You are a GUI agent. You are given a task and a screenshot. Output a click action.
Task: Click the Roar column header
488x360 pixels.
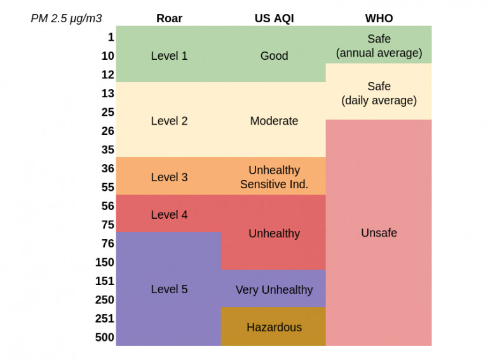pyautogui.click(x=169, y=18)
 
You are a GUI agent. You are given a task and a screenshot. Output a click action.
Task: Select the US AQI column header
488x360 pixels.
pyautogui.click(x=274, y=18)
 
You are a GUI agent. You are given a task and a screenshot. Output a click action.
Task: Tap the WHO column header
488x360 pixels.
pyautogui.click(x=379, y=18)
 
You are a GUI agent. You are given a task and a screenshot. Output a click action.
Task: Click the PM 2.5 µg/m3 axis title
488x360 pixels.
pyautogui.click(x=66, y=18)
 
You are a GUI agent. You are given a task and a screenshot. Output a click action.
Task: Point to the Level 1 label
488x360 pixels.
pyautogui.click(x=169, y=56)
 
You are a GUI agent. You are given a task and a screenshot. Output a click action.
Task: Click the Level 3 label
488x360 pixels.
pyautogui.click(x=169, y=177)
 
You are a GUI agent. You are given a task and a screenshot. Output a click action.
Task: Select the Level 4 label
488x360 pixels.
pyautogui.click(x=169, y=215)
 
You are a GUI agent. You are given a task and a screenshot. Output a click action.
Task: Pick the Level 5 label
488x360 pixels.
pyautogui.click(x=169, y=289)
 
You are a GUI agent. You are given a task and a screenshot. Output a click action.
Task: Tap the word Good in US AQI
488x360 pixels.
pyautogui.click(x=274, y=56)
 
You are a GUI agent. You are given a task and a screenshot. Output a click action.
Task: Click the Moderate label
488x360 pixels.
pyautogui.click(x=274, y=121)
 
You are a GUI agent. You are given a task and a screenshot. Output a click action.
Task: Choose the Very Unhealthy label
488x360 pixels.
pyautogui.click(x=274, y=290)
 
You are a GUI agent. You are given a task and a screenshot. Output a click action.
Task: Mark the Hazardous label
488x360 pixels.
pyautogui.click(x=274, y=328)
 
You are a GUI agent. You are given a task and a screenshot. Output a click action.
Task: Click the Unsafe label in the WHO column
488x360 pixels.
pyautogui.click(x=379, y=233)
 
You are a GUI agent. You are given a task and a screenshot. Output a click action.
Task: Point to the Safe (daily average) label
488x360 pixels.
pyautogui.click(x=379, y=93)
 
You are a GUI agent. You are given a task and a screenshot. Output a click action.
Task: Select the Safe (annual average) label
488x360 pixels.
pyautogui.click(x=379, y=46)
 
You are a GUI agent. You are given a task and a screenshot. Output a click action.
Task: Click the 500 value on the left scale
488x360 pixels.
pyautogui.click(x=105, y=338)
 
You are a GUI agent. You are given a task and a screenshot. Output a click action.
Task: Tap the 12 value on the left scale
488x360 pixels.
pyautogui.click(x=107, y=75)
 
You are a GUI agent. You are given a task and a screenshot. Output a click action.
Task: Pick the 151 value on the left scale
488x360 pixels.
pyautogui.click(x=105, y=281)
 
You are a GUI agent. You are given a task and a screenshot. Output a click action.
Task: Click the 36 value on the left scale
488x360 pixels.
pyautogui.click(x=107, y=169)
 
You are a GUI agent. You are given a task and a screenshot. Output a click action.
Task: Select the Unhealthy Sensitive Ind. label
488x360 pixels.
pyautogui.click(x=274, y=177)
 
